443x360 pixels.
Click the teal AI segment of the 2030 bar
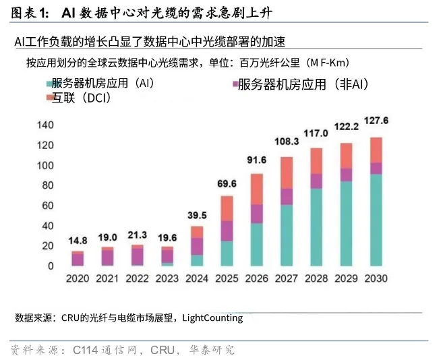376,220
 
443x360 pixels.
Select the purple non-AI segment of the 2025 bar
227,231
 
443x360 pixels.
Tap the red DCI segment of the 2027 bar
287,173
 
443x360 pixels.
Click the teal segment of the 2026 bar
256,245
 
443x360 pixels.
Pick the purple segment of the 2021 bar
107,258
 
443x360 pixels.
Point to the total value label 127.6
376,121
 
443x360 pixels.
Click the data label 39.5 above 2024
197,215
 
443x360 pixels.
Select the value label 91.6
256,160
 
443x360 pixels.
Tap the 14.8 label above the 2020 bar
78,241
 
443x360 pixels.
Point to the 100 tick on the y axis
45,165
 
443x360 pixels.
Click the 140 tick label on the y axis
45,125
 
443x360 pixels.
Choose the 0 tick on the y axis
51,266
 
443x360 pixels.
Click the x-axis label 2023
167,278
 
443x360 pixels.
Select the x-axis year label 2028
316,278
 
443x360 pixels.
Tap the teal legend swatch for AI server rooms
49,84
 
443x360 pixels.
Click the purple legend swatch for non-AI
235,84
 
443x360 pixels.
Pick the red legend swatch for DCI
49,98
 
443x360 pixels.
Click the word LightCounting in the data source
212,318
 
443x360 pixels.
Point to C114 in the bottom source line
86,350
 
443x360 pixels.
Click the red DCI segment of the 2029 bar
346,156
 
